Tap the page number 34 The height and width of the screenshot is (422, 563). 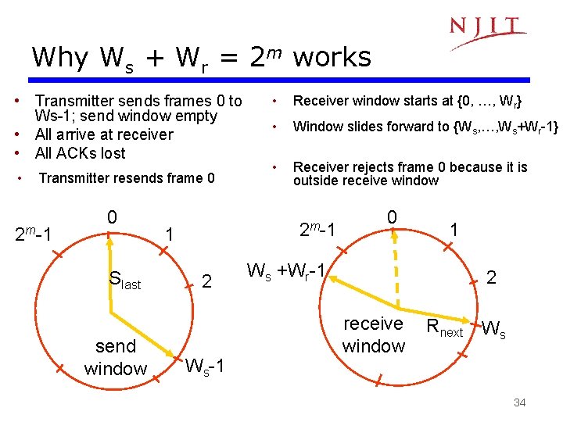519,402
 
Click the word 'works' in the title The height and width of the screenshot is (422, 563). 332,57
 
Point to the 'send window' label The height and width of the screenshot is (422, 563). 115,357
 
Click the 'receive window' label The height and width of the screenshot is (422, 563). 374,334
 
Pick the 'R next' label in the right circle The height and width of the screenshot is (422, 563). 444,330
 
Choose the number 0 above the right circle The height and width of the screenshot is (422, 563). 393,216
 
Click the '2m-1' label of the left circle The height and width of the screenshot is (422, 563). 35,234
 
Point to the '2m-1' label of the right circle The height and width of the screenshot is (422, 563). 317,229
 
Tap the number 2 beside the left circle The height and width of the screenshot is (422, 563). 206,281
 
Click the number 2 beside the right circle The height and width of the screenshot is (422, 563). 491,277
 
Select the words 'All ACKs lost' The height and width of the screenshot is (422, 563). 80,153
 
